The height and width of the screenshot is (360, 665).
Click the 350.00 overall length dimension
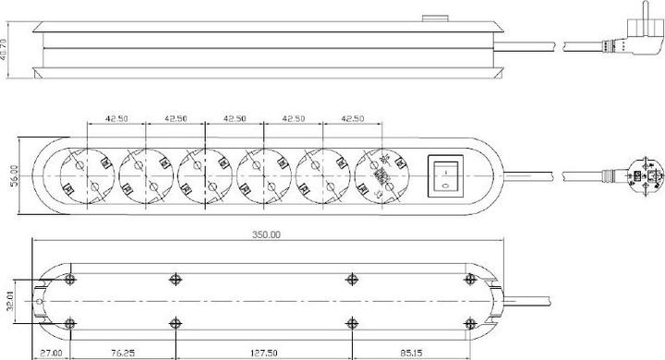(x=268, y=235)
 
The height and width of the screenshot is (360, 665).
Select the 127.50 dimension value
(x=262, y=352)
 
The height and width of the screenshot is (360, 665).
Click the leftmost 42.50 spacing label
(x=116, y=118)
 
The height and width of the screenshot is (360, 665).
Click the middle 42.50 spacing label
(x=234, y=118)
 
